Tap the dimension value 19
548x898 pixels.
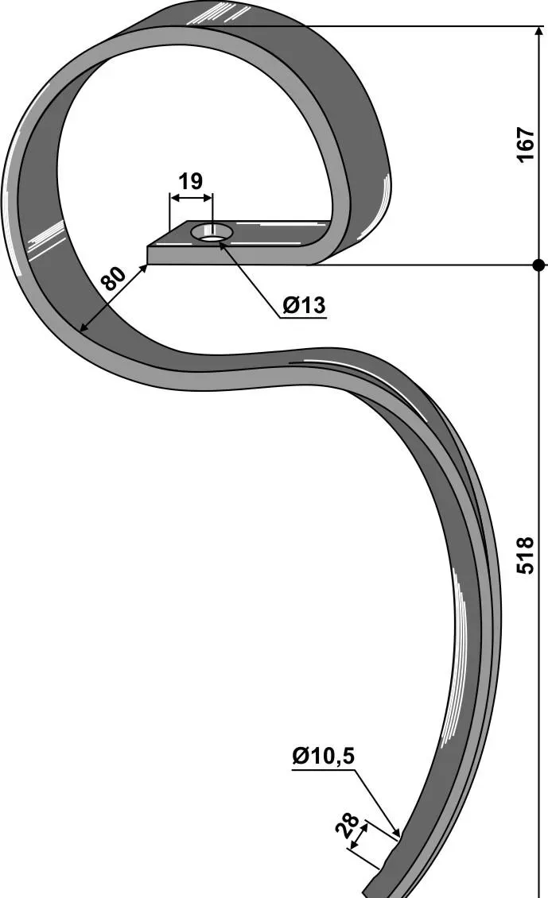pyautogui.click(x=190, y=181)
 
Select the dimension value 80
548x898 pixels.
pyautogui.click(x=114, y=279)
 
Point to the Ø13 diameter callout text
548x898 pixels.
pyautogui.click(x=304, y=305)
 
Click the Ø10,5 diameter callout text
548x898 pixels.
pyautogui.click(x=323, y=757)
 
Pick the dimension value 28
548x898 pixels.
pyautogui.click(x=348, y=825)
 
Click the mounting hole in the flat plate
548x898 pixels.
pyautogui.click(x=212, y=233)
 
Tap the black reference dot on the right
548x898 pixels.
pyautogui.click(x=538, y=265)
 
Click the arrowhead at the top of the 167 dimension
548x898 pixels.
pyautogui.click(x=538, y=32)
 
